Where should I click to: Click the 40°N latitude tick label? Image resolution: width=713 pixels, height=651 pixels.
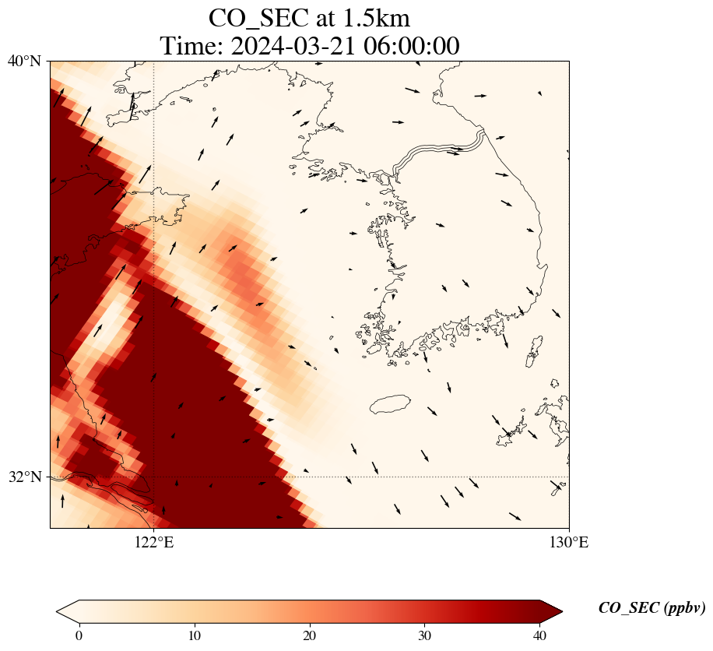point(24,61)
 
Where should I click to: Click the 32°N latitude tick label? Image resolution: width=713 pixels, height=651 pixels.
point(24,477)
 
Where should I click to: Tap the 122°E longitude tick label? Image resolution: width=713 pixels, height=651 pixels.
point(154,543)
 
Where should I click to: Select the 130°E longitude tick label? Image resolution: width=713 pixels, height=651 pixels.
point(569,543)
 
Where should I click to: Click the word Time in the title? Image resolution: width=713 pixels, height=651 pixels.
point(185,46)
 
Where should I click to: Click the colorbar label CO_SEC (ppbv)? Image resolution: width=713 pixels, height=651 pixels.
point(652,608)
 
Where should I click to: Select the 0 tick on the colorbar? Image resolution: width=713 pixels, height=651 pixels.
point(79,635)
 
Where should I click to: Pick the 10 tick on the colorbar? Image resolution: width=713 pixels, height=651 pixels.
point(195,635)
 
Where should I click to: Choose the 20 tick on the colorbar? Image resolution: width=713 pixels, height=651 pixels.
point(310,635)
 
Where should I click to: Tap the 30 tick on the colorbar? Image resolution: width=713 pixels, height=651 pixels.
point(425,635)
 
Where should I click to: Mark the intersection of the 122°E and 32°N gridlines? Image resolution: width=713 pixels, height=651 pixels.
point(154,477)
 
